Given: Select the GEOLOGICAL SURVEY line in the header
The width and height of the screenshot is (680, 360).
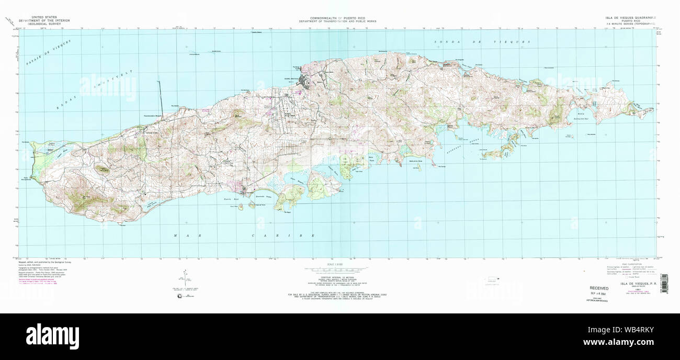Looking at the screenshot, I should [44, 24].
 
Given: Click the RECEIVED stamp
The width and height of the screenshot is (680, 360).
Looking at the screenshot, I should [599, 288].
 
